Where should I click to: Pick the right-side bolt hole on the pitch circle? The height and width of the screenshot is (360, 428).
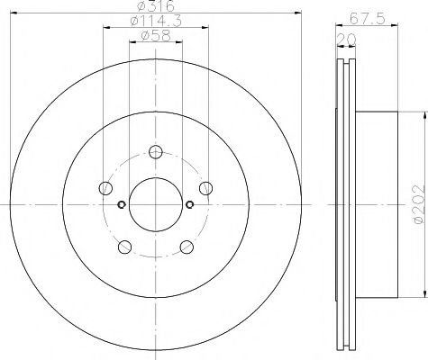(x=205, y=188)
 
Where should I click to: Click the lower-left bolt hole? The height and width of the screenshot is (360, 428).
(x=124, y=246)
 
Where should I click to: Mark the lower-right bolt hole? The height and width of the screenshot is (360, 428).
(x=186, y=246)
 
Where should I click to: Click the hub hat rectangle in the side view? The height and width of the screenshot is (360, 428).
(x=377, y=205)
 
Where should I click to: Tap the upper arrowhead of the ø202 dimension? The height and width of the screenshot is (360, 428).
(x=423, y=115)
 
